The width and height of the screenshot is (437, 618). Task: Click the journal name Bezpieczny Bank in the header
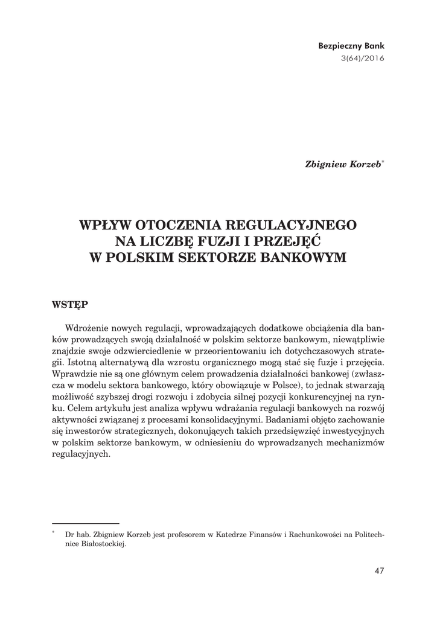pos(351,46)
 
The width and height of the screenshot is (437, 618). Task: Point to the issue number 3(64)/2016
pos(362,59)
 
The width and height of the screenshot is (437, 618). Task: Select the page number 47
pos(378,570)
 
